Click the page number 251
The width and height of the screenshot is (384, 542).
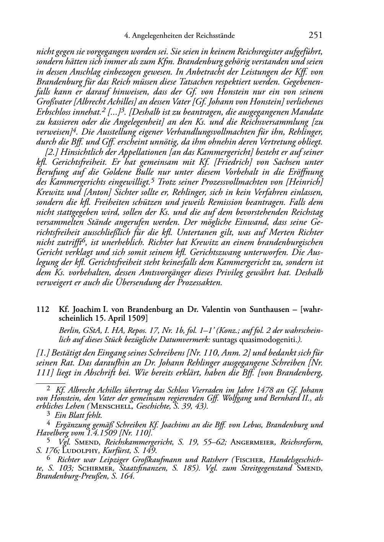pyautogui.click(x=316, y=36)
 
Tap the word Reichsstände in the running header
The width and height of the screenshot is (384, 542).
pyautogui.click(x=214, y=36)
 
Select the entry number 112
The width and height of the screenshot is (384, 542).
pyautogui.click(x=42, y=310)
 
